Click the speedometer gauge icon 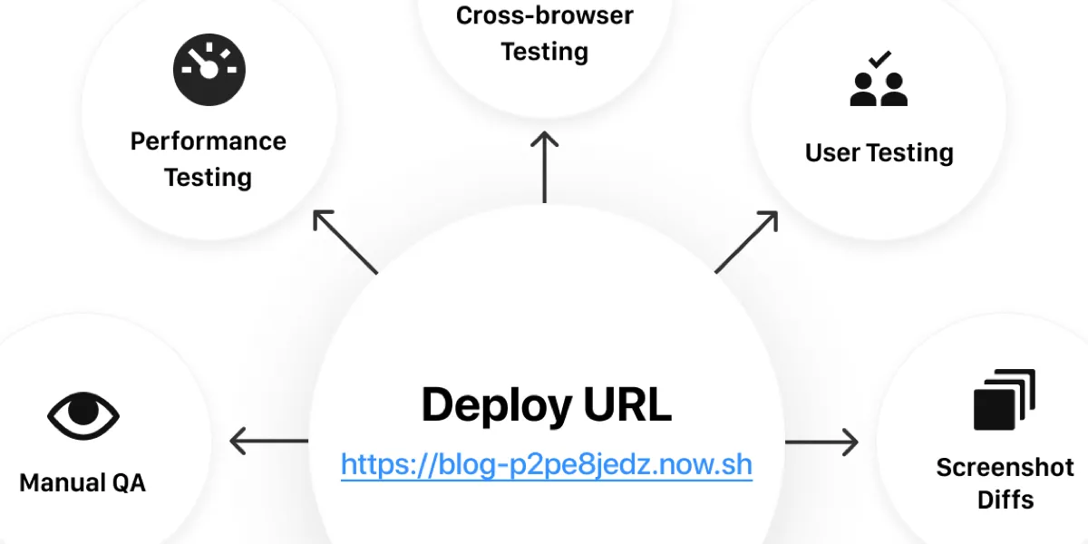tap(209, 70)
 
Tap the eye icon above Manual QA tap(83, 415)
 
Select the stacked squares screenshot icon tap(1005, 399)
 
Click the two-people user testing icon tap(879, 78)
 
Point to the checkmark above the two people tap(880, 59)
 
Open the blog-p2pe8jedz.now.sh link tap(547, 464)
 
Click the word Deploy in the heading tap(496, 405)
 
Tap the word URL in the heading tap(627, 404)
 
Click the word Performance tap(209, 141)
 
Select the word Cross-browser tap(545, 15)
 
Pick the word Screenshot tap(1005, 467)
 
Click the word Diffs tap(1005, 500)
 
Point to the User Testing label tap(879, 153)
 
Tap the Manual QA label tap(83, 482)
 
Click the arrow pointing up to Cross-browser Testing tap(545, 167)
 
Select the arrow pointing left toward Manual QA tap(268, 441)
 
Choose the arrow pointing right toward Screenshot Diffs tap(821, 442)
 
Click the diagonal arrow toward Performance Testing tap(345, 242)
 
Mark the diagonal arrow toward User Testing tap(746, 242)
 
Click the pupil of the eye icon tap(83, 410)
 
